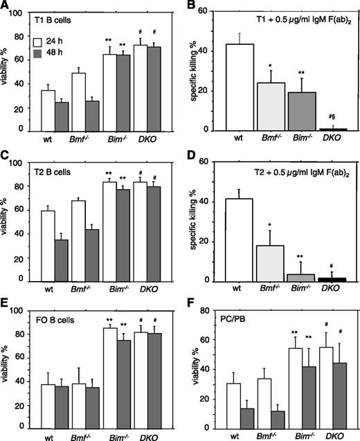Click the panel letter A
coord(6,6)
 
